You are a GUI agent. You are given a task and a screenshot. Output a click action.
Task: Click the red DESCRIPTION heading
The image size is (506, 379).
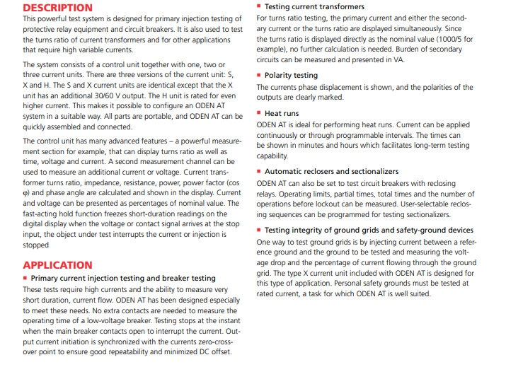(x=57, y=8)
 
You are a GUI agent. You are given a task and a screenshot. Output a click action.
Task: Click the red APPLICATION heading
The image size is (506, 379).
(x=57, y=265)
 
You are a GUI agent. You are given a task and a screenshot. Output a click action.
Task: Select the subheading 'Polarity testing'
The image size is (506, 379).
(x=291, y=75)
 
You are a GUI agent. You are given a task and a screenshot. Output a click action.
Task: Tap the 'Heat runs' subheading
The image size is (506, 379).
(x=282, y=113)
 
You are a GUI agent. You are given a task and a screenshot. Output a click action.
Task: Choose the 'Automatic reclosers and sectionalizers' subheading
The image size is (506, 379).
(x=331, y=171)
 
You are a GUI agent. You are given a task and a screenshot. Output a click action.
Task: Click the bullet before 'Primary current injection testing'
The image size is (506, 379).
(x=25, y=279)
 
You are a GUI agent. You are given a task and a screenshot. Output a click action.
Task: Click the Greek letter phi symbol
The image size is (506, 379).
(x=25, y=193)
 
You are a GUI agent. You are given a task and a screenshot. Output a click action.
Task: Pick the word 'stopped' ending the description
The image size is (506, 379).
(x=36, y=245)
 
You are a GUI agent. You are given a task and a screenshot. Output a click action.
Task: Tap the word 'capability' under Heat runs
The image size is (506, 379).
(x=272, y=156)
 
